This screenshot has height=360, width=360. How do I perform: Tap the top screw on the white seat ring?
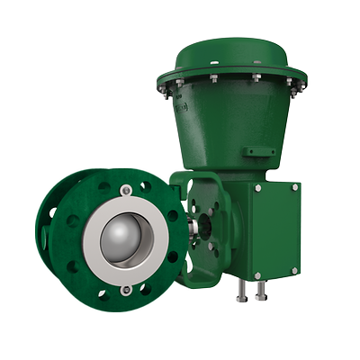click(x=126, y=189)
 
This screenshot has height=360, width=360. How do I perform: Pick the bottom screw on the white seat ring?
click(x=126, y=289)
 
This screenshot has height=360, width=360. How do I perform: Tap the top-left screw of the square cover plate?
click(x=259, y=188)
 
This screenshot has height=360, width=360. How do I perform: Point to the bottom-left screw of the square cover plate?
click(x=257, y=274)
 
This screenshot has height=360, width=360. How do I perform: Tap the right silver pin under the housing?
click(x=260, y=292)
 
